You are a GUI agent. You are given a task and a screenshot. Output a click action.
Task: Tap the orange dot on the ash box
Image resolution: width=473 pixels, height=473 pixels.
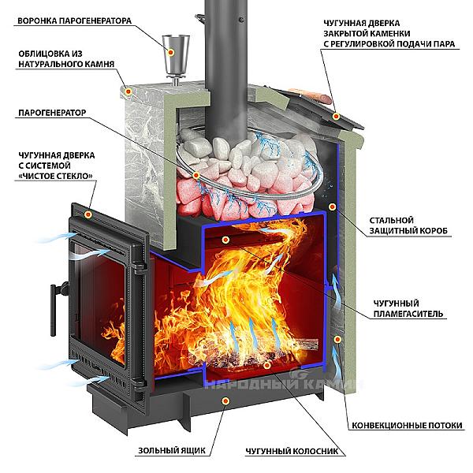point(227,401)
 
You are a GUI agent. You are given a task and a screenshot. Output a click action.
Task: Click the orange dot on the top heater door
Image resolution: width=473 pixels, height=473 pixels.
point(337,116)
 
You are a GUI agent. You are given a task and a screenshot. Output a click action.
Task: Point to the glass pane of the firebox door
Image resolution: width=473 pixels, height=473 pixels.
point(102,300)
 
